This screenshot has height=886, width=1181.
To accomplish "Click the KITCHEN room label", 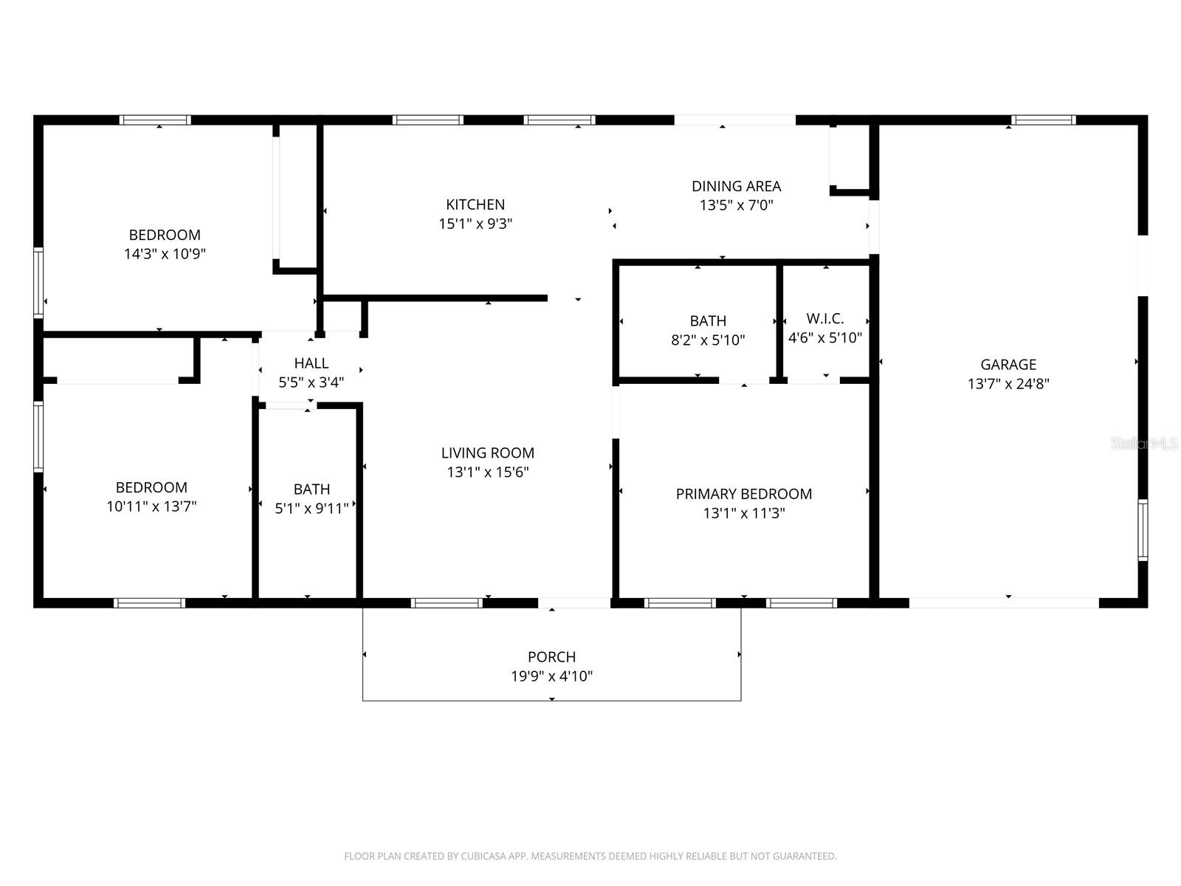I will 475,205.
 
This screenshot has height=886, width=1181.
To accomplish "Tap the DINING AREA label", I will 736,186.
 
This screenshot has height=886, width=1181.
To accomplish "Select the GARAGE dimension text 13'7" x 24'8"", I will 1008,384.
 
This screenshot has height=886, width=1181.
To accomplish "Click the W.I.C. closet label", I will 824,319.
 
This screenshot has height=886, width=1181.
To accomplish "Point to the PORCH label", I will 551,656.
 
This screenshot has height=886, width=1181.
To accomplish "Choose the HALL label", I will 311,363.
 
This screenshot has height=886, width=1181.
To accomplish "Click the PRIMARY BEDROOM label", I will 743,494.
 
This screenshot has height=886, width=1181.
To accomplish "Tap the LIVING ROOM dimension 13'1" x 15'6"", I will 487,473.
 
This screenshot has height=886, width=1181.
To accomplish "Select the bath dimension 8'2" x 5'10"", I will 708,340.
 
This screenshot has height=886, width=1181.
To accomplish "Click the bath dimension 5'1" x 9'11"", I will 311,509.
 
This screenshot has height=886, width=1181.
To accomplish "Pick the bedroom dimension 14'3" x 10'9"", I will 165,254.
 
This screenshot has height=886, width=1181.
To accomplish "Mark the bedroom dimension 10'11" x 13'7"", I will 151,506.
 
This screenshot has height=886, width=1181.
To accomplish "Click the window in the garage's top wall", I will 1043,120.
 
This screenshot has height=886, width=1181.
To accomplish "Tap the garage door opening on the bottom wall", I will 1004,603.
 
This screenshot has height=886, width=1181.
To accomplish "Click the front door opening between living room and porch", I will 574,603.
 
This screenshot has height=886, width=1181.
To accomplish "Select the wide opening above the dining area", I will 734,120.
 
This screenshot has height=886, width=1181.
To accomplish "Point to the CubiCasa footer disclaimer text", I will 590,856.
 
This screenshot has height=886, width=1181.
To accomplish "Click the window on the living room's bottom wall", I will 447,603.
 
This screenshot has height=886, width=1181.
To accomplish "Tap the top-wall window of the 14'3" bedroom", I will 155,120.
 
